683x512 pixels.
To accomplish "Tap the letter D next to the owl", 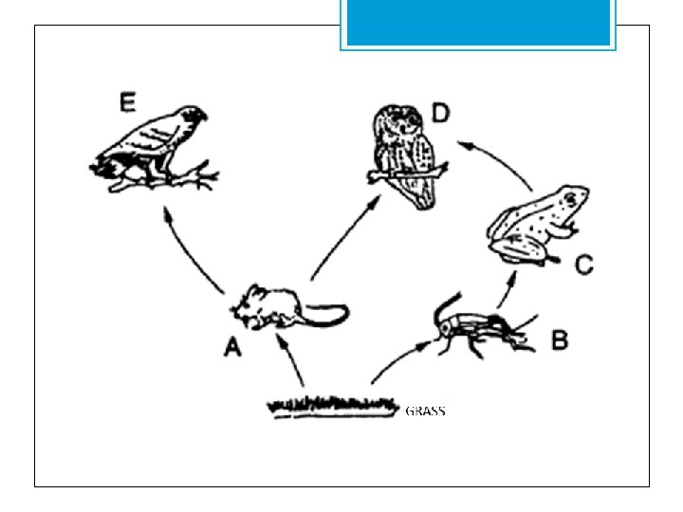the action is click(440, 114).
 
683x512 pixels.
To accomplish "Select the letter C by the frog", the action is click(584, 265).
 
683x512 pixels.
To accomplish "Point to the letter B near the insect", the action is click(560, 338).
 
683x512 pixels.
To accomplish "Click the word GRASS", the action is click(425, 411).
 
